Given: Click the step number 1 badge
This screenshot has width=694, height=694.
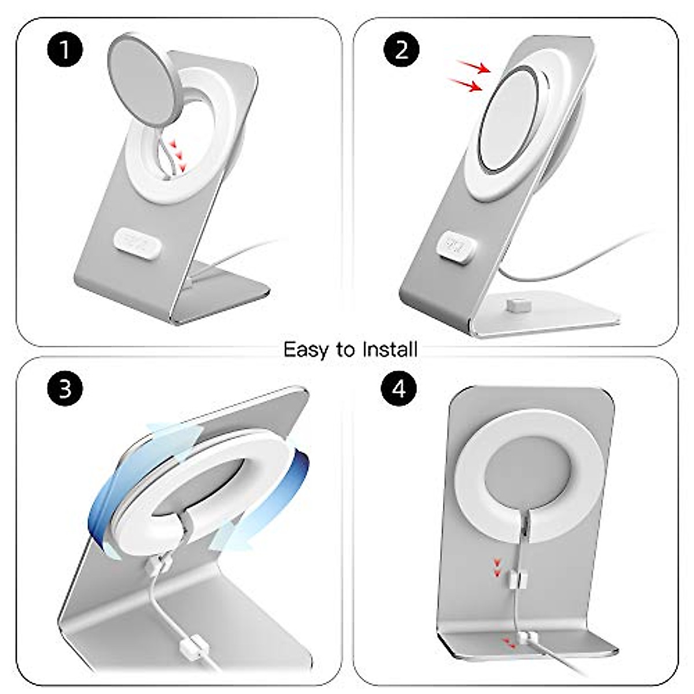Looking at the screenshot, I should pyautogui.click(x=65, y=50).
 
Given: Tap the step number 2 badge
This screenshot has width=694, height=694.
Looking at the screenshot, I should pyautogui.click(x=401, y=50).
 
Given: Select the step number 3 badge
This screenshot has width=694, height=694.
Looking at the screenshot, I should pyautogui.click(x=65, y=388).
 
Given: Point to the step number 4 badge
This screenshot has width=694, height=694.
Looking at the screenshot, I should pyautogui.click(x=400, y=388).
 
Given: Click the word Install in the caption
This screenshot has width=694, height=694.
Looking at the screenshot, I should pyautogui.click(x=390, y=349).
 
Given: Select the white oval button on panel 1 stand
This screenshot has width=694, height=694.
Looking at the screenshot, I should pyautogui.click(x=136, y=238).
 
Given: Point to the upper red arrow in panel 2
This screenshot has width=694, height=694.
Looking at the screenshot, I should pyautogui.click(x=475, y=68).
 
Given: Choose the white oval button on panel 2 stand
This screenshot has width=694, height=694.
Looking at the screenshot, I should pyautogui.click(x=460, y=243).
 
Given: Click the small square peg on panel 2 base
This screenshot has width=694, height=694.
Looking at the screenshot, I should pyautogui.click(x=512, y=304).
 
